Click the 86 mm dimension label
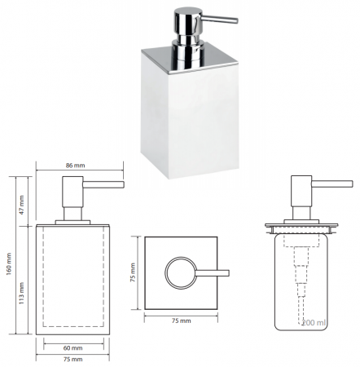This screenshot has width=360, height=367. [x=75, y=166]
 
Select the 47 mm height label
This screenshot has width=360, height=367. [x=22, y=205]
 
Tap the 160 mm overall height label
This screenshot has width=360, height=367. [x=9, y=264]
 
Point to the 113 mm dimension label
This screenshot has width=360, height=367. [x=22, y=294]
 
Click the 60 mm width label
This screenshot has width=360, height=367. [x=72, y=348]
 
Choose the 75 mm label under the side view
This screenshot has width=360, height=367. [x=72, y=359]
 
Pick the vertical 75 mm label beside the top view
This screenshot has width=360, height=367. [x=133, y=272]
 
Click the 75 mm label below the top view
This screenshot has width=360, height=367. [x=181, y=321]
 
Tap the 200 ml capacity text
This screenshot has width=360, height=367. [x=314, y=323]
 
